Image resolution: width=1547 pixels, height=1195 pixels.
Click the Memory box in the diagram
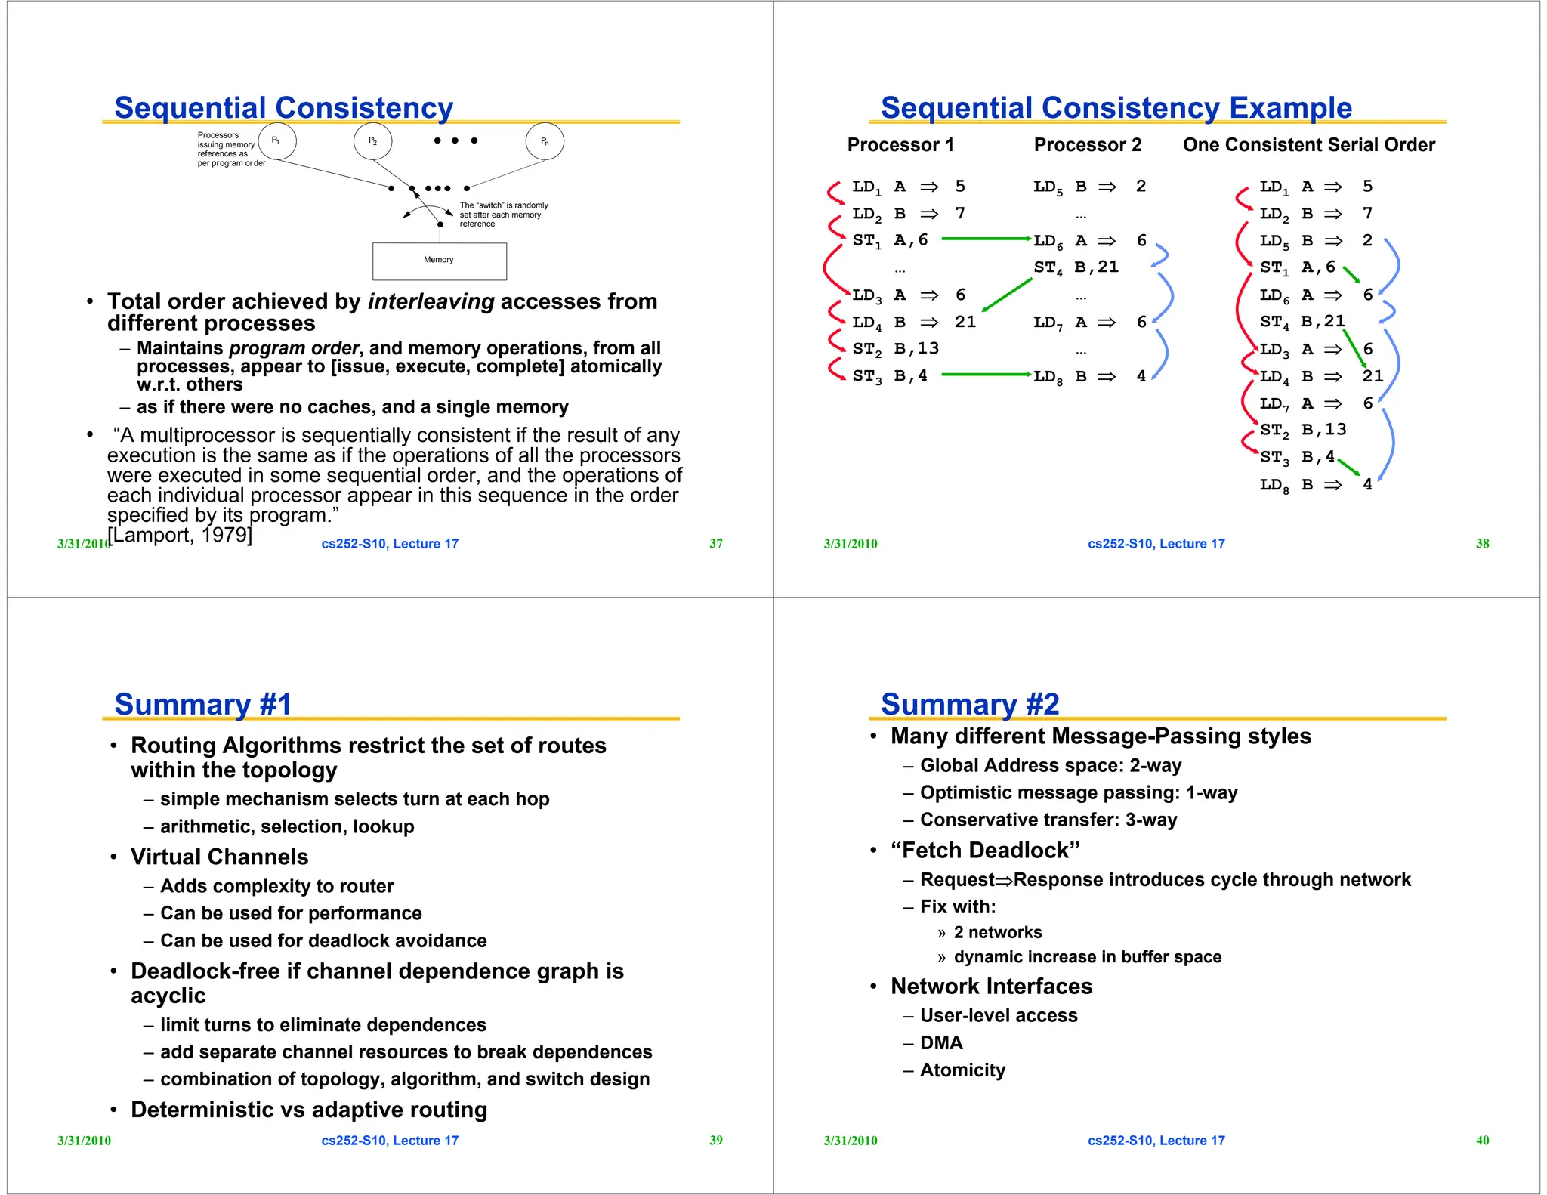439,261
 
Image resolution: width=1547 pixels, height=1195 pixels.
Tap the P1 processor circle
276,141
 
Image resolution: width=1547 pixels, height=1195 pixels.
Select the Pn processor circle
545,141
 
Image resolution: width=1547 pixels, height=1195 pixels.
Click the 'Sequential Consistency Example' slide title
1116,108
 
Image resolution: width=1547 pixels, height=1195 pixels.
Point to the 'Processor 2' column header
1087,145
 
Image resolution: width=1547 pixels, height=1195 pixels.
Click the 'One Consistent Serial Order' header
1308,145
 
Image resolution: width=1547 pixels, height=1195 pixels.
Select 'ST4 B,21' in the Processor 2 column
1076,267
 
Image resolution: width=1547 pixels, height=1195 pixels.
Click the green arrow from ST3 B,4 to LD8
986,374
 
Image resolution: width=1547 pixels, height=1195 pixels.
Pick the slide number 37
715,544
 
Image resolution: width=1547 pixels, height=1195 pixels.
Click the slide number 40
1482,1141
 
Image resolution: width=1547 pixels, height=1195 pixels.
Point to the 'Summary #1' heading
202,704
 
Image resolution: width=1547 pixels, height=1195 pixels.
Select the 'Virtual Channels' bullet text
219,857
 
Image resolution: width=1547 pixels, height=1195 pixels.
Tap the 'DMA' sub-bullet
941,1043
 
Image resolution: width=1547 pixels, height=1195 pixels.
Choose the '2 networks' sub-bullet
997,932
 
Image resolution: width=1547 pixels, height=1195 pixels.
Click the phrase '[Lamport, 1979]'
180,535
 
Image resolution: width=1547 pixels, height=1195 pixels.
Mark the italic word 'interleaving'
431,301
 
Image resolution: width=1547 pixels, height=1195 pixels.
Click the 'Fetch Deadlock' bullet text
985,851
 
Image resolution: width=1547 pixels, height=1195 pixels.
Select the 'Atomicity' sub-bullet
962,1070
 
